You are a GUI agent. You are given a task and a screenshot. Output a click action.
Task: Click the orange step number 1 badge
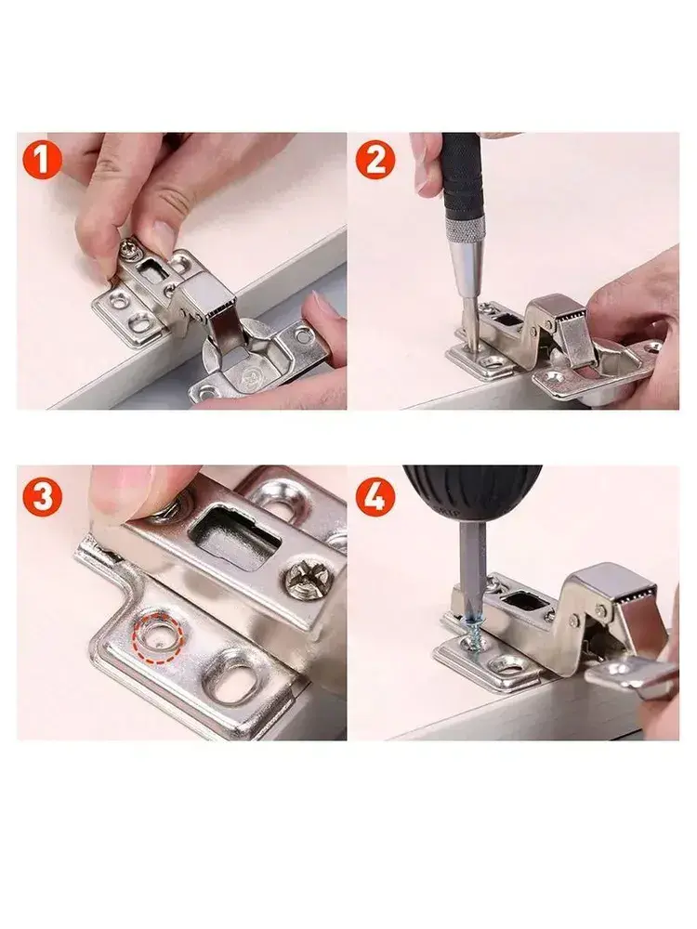(42, 161)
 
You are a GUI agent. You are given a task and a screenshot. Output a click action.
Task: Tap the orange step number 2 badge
(375, 161)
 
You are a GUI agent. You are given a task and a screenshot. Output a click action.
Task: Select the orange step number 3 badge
(42, 497)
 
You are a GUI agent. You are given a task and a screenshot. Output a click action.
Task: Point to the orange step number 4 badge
(375, 497)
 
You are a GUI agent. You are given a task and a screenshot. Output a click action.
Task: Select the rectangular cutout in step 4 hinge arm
(527, 601)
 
